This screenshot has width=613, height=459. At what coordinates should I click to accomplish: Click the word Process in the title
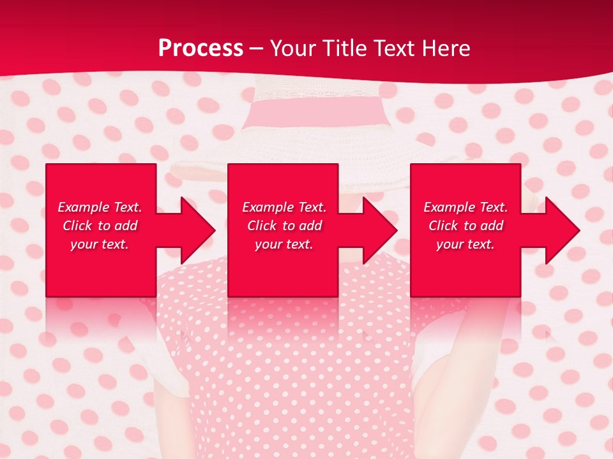click(x=201, y=48)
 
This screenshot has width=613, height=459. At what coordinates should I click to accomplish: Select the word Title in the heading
click(x=344, y=48)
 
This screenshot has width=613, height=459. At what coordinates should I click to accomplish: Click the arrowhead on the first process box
click(x=195, y=230)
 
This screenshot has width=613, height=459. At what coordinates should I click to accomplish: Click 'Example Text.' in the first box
click(x=100, y=207)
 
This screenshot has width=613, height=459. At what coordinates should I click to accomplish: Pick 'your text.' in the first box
click(x=100, y=244)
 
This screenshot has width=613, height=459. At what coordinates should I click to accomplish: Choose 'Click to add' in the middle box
click(x=284, y=226)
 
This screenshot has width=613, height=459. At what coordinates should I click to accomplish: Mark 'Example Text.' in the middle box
click(x=284, y=207)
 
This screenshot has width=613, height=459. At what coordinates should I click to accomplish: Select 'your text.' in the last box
click(x=465, y=244)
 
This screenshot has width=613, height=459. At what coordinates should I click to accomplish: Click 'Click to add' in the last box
click(x=465, y=226)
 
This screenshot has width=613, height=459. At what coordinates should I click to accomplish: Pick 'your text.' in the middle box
click(x=284, y=244)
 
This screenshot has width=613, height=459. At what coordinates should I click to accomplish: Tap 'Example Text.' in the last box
click(x=465, y=207)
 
